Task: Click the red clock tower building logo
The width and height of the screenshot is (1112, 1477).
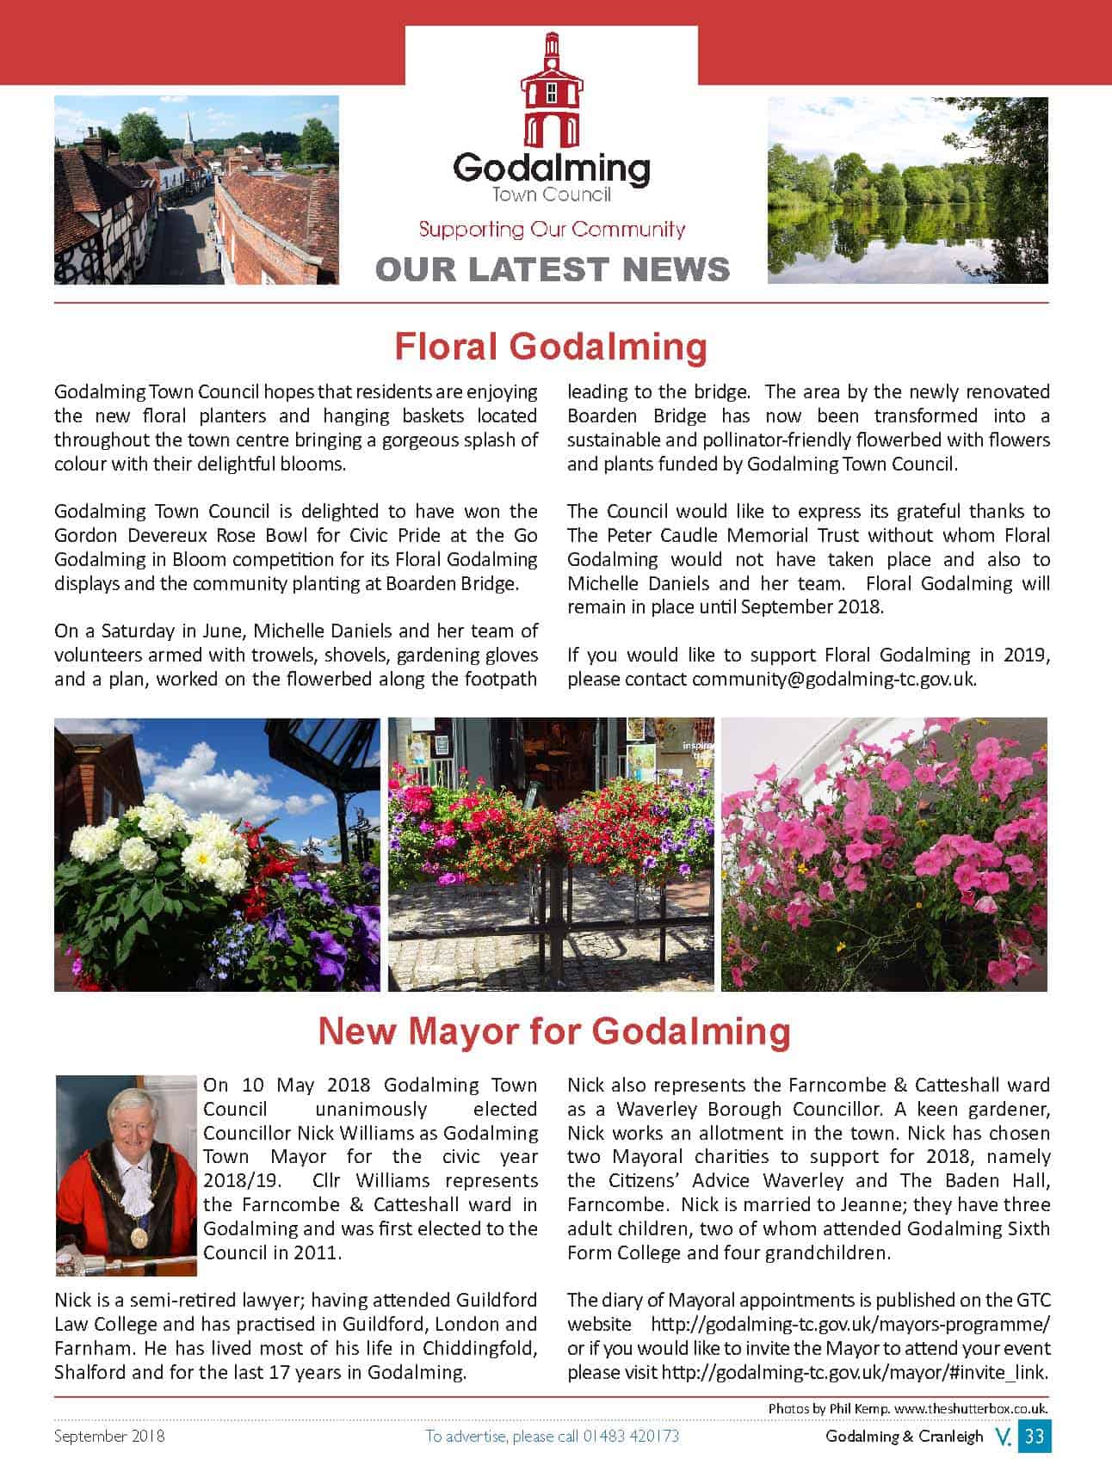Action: coord(552,90)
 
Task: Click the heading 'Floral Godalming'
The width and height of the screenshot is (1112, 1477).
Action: coord(551,347)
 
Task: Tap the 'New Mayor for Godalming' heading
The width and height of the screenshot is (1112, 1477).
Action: coord(554,1031)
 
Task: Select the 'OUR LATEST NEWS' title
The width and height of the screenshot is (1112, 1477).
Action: coord(553,269)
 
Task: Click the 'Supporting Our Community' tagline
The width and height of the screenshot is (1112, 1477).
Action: coord(552,230)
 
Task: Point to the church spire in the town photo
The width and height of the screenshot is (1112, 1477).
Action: coord(188,126)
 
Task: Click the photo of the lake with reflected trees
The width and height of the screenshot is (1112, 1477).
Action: coord(907,190)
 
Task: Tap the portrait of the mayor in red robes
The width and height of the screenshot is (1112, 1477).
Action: coord(127,1175)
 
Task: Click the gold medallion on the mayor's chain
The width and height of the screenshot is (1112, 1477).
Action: coord(138,1237)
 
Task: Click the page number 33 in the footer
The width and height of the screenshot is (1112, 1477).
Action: coord(1034,1436)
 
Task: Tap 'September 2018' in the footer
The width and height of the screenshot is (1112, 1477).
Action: coord(109,1436)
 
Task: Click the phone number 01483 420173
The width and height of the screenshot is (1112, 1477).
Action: coord(631,1436)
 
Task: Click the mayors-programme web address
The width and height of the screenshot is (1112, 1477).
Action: coord(849,1324)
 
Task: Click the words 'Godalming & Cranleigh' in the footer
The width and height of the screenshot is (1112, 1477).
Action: coord(904,1436)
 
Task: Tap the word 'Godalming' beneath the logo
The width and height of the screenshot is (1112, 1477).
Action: coord(552,168)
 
